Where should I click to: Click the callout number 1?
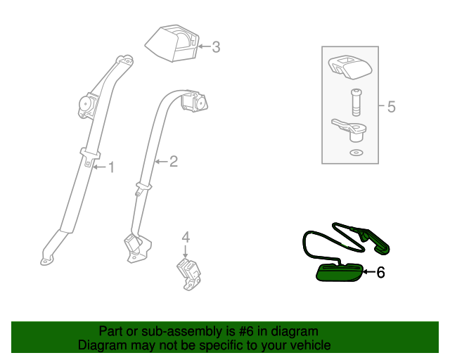coord(110,167)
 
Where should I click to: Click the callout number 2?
coord(173,162)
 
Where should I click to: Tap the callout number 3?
coord(216,47)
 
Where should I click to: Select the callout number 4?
coord(186,236)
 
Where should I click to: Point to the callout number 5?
coord(392,107)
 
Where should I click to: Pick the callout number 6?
coord(380,273)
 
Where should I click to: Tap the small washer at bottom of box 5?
coord(356,153)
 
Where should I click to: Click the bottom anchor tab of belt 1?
coord(46,259)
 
